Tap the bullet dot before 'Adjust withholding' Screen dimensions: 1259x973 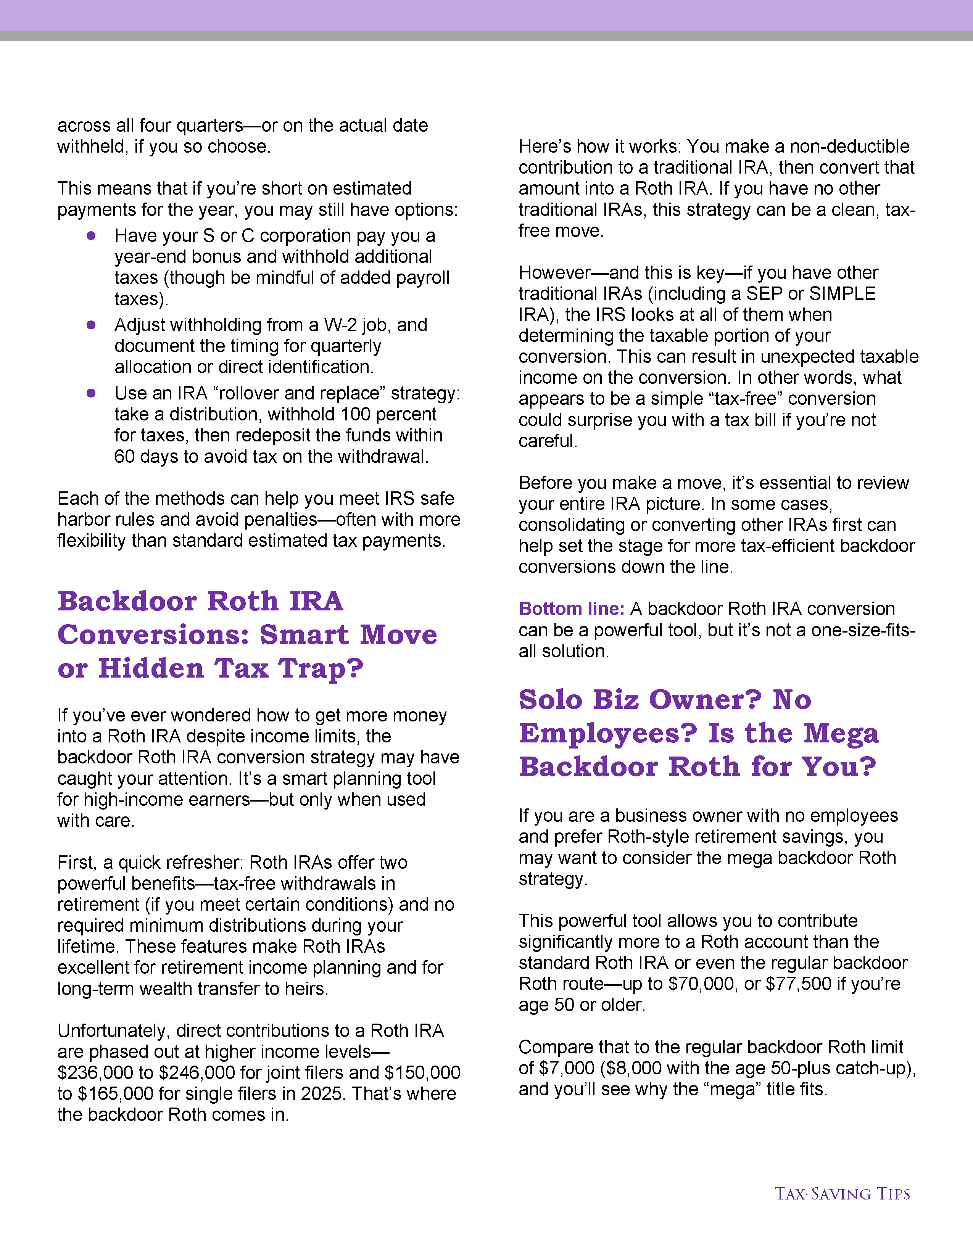(x=91, y=325)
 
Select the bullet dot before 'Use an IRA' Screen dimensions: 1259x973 (x=91, y=393)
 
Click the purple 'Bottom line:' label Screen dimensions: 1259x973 (x=571, y=609)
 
